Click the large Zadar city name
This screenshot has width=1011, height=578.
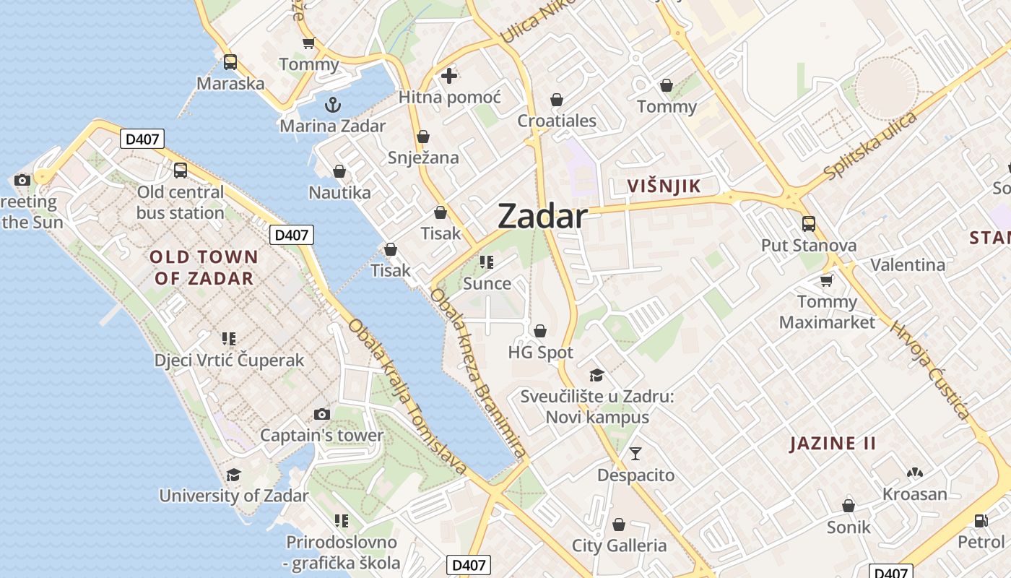(x=542, y=216)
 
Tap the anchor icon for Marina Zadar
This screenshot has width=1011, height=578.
(x=332, y=105)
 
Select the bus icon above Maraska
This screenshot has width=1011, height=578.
(x=230, y=62)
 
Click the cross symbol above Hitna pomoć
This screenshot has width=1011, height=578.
(x=449, y=75)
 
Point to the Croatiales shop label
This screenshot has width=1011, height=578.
(x=557, y=121)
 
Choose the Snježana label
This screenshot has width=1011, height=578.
(x=423, y=158)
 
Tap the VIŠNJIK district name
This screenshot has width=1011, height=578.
(x=664, y=186)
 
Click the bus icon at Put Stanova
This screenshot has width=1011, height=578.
(x=809, y=224)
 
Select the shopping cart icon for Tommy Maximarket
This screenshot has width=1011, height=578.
(x=827, y=280)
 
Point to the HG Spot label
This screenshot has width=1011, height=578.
(x=541, y=353)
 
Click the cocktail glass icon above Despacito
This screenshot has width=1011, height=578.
(x=635, y=454)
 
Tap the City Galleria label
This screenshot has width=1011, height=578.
(x=619, y=545)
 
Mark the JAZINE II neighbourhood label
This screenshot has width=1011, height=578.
(x=833, y=443)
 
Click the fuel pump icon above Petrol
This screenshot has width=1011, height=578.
(x=981, y=520)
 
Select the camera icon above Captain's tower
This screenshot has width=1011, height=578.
(x=322, y=414)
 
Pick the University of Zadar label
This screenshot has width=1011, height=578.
(x=233, y=496)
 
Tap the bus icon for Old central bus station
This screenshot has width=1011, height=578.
(x=181, y=171)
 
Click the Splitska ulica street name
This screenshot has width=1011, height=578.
(x=871, y=146)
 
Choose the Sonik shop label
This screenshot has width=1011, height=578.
(x=849, y=527)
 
